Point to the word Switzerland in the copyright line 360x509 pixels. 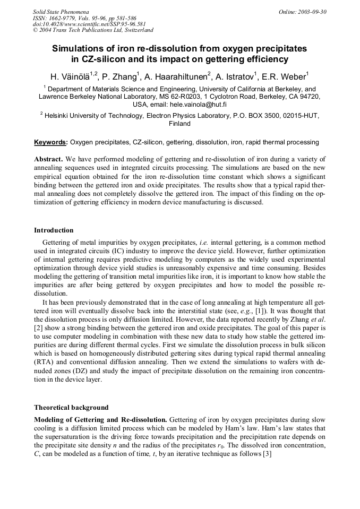pyautogui.click(x=135, y=30)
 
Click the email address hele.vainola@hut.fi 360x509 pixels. pyautogui.click(x=195, y=105)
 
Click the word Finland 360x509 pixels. pyautogui.click(x=179, y=124)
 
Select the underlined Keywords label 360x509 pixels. pyautogui.click(x=50, y=142)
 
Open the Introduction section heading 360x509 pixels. pyautogui.click(x=54, y=230)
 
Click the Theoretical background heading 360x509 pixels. pyautogui.click(x=71, y=408)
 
